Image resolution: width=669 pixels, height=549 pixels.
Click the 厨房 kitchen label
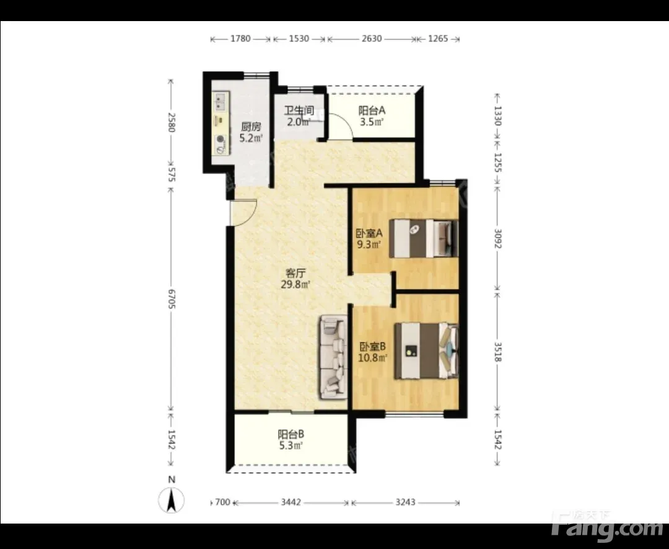pyautogui.click(x=251, y=127)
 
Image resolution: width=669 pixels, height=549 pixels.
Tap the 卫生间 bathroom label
pyautogui.click(x=299, y=110)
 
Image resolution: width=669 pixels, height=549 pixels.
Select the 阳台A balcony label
pyautogui.click(x=372, y=110)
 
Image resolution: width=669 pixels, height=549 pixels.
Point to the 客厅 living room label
pyautogui.click(x=295, y=272)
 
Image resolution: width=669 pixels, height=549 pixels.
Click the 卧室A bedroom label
pyautogui.click(x=369, y=234)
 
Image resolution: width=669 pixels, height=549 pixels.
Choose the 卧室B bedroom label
pyautogui.click(x=372, y=346)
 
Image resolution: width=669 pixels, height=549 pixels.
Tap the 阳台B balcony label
pyautogui.click(x=291, y=434)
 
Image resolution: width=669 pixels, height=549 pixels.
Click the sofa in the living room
pyautogui.click(x=333, y=357)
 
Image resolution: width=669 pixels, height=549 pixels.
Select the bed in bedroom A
pyautogui.click(x=424, y=238)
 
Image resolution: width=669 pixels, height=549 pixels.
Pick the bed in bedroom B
pyautogui.click(x=426, y=350)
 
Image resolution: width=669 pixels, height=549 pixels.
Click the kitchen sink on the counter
pyautogui.click(x=221, y=102)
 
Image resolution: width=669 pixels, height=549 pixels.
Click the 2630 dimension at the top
pyautogui.click(x=372, y=38)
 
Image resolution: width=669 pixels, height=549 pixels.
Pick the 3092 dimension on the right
pyautogui.click(x=497, y=238)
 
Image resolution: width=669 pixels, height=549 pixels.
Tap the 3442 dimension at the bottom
pyautogui.click(x=291, y=502)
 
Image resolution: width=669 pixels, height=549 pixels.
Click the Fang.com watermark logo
pyautogui.click(x=607, y=524)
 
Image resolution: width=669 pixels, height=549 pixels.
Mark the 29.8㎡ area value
pyautogui.click(x=295, y=284)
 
